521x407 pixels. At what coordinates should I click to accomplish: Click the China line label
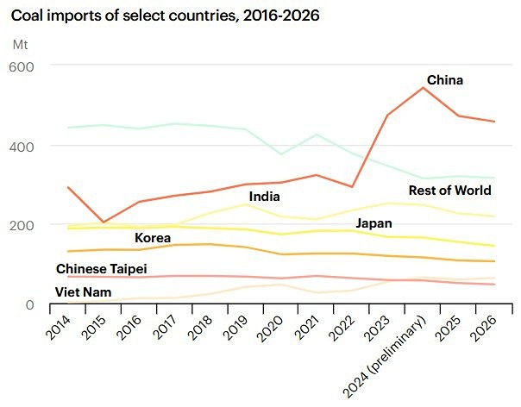point(445,80)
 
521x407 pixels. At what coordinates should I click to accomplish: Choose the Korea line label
point(152,237)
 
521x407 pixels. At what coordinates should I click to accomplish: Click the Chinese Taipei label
point(100,268)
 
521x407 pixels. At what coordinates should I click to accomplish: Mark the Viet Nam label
point(85,292)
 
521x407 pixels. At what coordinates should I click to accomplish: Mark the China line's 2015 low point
point(103,222)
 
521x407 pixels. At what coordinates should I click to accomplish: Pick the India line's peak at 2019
point(245,204)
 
